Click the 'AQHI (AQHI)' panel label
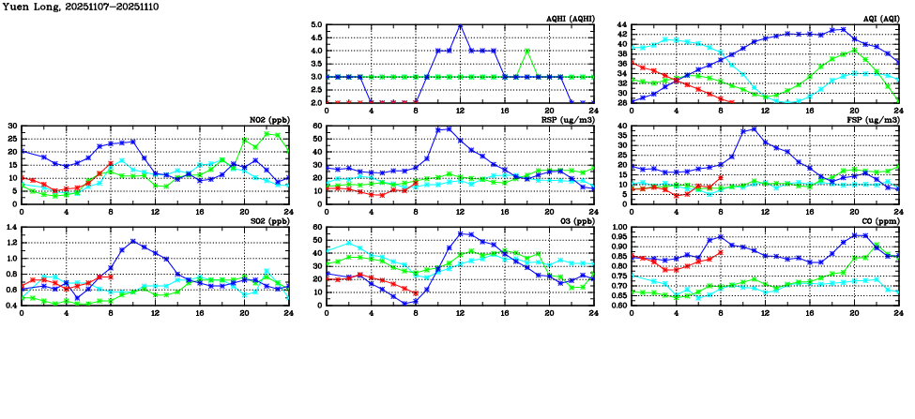(x=569, y=20)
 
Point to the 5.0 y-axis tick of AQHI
(x=315, y=25)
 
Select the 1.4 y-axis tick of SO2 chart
(x=11, y=228)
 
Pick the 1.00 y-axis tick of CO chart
(x=618, y=228)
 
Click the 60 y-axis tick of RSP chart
(x=317, y=127)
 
